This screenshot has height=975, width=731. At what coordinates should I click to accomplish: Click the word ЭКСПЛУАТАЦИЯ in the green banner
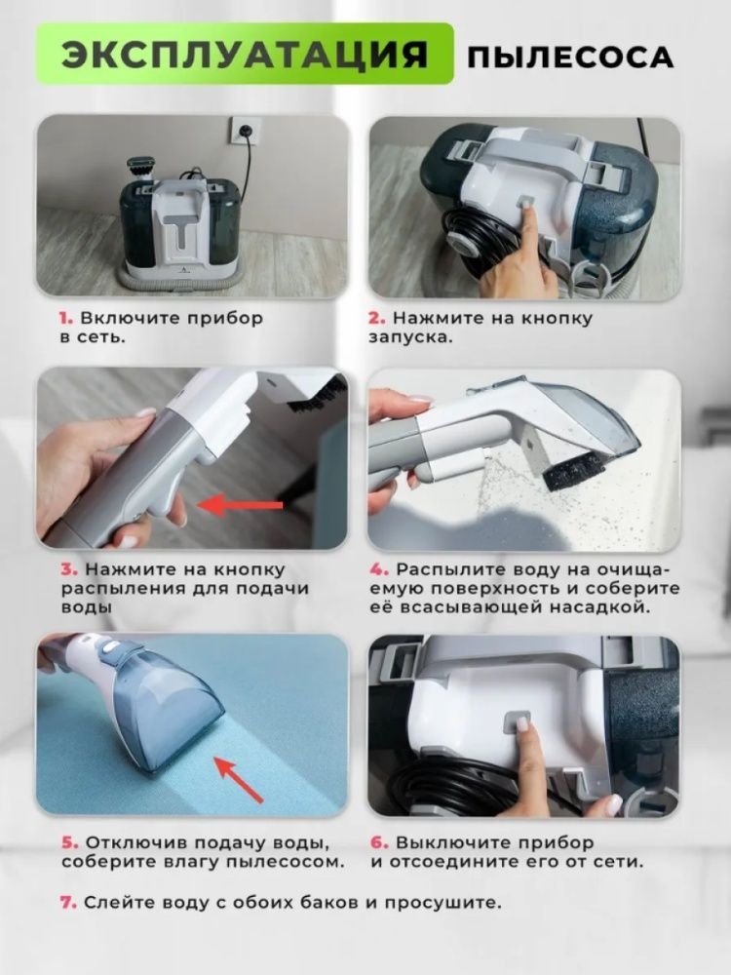(x=245, y=55)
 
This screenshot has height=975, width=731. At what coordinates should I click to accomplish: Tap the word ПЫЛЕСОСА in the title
(x=570, y=58)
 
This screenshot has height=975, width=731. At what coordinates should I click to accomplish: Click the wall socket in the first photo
(x=243, y=130)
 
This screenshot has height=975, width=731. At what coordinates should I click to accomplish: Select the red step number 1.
(x=65, y=319)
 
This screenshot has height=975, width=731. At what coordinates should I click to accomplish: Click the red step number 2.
(x=377, y=319)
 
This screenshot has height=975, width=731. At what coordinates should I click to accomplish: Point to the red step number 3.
(x=69, y=569)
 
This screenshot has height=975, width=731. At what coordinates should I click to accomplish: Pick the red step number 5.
(x=69, y=843)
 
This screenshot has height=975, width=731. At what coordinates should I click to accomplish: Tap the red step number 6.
(x=380, y=843)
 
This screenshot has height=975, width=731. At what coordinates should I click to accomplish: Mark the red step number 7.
(x=68, y=903)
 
